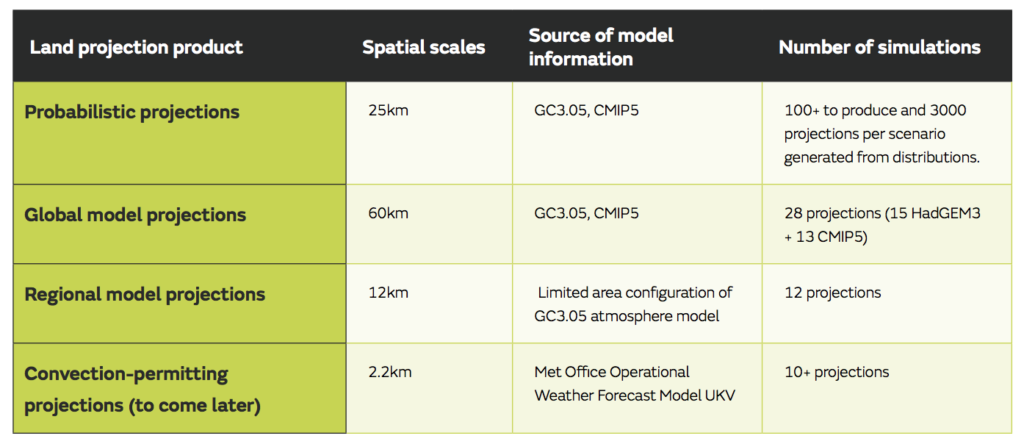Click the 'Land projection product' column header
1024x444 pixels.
click(136, 48)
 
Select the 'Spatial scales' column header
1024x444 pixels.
click(424, 48)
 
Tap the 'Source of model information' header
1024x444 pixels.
click(601, 47)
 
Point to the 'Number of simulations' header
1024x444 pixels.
click(879, 48)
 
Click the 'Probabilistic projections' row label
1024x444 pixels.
click(131, 112)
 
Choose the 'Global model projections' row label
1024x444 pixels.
click(135, 215)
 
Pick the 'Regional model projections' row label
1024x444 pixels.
click(145, 295)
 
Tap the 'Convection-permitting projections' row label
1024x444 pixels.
click(143, 390)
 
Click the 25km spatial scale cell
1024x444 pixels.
click(388, 111)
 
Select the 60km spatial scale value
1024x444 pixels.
click(388, 213)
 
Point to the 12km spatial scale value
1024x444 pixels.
click(388, 293)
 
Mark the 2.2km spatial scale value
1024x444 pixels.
click(390, 372)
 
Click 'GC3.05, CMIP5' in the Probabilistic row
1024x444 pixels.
click(586, 111)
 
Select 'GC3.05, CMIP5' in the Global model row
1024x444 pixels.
click(586, 213)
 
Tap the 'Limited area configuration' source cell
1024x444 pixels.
click(633, 304)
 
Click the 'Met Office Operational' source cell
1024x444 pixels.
click(635, 384)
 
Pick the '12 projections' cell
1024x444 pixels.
click(832, 293)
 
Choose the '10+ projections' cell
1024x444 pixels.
click(837, 372)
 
